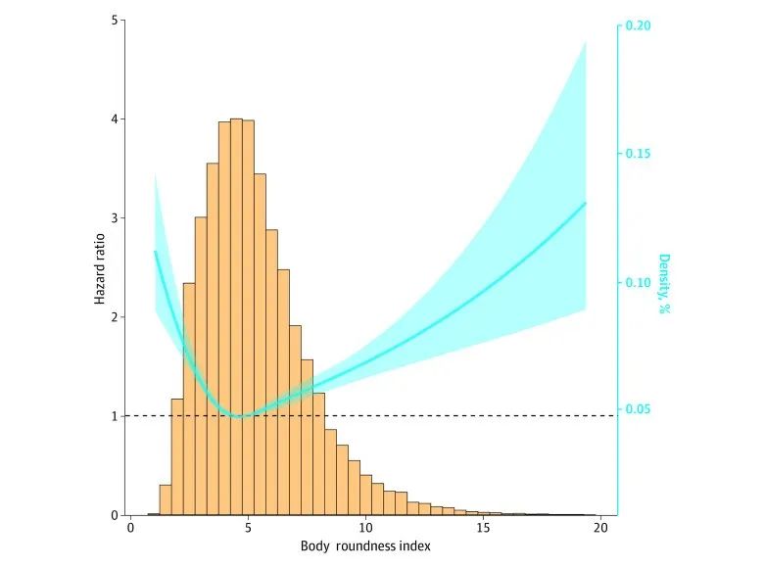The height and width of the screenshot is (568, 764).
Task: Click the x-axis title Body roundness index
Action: [365, 546]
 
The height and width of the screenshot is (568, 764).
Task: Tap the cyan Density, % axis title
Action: [664, 284]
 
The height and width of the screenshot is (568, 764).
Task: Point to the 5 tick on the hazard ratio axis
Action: [116, 20]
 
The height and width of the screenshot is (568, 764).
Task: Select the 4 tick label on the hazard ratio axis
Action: [116, 119]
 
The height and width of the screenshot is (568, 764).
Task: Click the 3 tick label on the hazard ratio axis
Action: [116, 218]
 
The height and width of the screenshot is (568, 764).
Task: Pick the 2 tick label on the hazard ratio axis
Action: [116, 317]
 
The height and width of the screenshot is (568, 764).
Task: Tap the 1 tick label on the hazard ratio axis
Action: [116, 416]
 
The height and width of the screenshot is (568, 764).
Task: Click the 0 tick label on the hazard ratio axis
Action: [116, 515]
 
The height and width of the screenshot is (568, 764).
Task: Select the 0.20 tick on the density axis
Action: [639, 26]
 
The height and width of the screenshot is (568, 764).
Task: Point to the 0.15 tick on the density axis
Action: [639, 154]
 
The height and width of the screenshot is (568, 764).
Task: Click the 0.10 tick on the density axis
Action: [639, 282]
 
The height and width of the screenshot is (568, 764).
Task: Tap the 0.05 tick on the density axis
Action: [639, 409]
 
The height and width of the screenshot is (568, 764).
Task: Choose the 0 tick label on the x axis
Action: [131, 528]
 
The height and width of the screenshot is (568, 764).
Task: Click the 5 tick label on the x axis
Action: [249, 528]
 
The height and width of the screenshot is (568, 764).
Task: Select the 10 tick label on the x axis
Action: [365, 528]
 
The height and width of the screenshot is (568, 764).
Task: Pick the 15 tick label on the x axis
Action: [483, 528]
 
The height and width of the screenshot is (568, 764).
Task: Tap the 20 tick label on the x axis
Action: [600, 528]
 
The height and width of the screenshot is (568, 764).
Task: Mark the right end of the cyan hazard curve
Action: [586, 203]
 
